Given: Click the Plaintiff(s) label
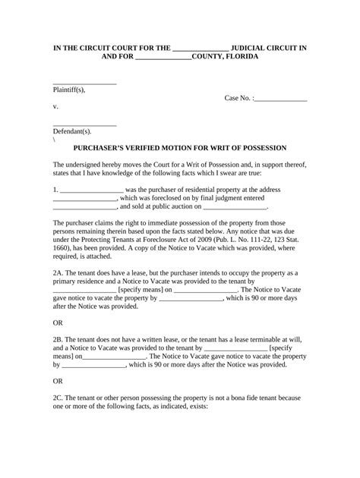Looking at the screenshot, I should [x=69, y=90].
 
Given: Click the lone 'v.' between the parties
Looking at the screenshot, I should [x=56, y=107].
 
